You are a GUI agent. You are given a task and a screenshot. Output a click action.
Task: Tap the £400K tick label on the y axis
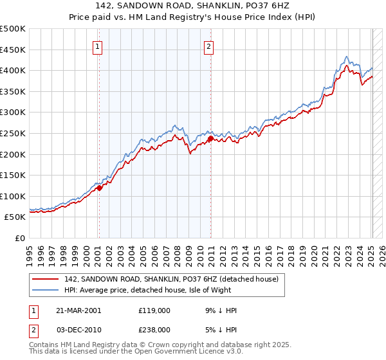point(13,70)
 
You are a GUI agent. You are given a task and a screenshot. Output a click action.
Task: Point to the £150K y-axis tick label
point(13,175)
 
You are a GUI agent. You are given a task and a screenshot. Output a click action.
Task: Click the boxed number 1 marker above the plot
point(97,46)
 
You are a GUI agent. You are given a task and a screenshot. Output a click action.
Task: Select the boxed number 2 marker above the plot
point(210,46)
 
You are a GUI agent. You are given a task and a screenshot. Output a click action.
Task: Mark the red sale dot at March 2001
point(99,188)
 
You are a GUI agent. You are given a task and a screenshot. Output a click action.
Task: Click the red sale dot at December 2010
point(210,138)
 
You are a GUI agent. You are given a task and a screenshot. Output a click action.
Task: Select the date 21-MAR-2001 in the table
point(78,310)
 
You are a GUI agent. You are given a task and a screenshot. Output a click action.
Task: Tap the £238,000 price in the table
point(154,329)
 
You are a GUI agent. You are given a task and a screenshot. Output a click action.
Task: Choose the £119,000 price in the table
point(154,310)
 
